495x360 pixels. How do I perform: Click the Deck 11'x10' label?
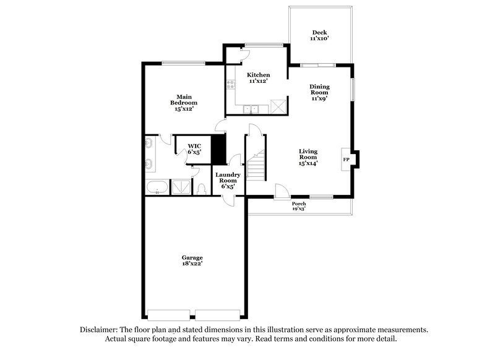tap(319, 35)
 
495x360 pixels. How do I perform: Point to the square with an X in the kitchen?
tap(278, 107)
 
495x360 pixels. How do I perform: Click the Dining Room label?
tap(319, 91)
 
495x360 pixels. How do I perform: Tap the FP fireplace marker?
tap(345, 159)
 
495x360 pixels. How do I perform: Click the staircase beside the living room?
tap(255, 166)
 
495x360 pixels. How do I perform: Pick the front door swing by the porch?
tap(280, 191)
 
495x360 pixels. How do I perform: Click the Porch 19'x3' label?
tap(299, 206)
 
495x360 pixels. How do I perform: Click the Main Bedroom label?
tap(184, 102)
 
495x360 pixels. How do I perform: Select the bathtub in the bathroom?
tap(157, 187)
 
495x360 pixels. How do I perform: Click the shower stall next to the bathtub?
tap(181, 187)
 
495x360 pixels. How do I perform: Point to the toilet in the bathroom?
tap(202, 189)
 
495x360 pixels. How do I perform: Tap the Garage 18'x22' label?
tap(192, 260)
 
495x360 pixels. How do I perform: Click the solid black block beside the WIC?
tap(218, 148)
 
